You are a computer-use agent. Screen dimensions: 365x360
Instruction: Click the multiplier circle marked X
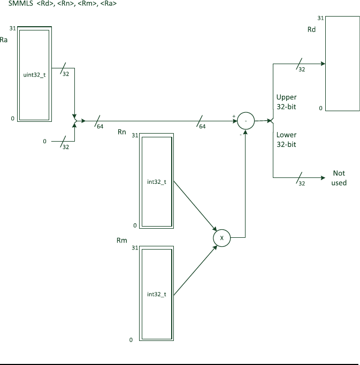point(221,237)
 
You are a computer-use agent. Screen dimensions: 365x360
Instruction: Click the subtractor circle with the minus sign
point(246,121)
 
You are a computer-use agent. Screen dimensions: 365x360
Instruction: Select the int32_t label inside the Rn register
point(157,182)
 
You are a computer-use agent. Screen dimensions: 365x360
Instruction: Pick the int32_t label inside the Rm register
point(157,294)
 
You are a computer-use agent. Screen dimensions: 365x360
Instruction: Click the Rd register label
point(311,30)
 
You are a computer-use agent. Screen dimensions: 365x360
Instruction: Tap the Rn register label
point(121,131)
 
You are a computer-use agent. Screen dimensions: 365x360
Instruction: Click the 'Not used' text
point(339,178)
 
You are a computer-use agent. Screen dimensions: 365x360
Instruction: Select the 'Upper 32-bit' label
point(286,102)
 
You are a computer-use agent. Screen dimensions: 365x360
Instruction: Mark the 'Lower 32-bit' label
point(286,139)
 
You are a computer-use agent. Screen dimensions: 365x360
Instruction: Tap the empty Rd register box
point(342,63)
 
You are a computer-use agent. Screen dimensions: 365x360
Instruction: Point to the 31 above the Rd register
point(320,18)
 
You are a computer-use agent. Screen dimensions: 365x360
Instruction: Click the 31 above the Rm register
point(135,248)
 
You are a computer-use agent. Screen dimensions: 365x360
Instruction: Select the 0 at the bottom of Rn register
point(135,226)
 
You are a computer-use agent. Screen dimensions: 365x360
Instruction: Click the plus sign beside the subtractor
point(233,115)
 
